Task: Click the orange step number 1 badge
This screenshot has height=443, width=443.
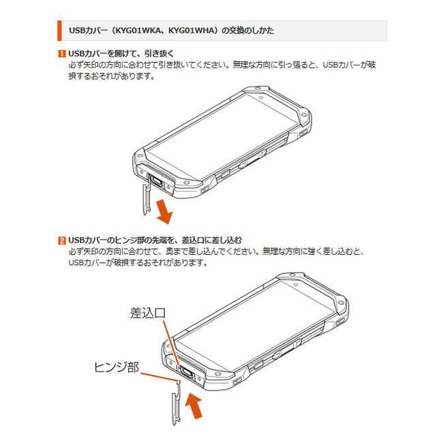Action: pos(61,53)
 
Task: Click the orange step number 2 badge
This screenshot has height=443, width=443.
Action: pos(61,241)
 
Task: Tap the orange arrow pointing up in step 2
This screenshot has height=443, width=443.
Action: pos(194,406)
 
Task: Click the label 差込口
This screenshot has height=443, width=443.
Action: pos(148,313)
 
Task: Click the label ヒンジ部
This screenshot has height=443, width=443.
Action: pos(117,367)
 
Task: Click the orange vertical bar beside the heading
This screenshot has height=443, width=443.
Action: pos(59,31)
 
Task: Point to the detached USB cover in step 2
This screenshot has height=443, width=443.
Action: pos(177,403)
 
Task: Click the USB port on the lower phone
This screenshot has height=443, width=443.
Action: pos(187,373)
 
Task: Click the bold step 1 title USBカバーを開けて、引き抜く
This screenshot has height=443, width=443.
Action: pos(121,53)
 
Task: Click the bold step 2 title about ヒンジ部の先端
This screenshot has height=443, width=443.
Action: pos(155,241)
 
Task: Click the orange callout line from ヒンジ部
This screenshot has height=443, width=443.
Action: pos(159,377)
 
